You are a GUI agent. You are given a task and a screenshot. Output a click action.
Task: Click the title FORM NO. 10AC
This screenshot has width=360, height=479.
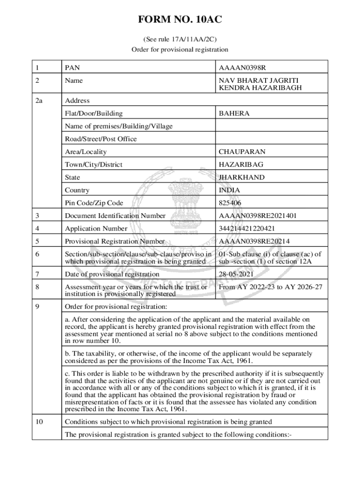pyautogui.click(x=180, y=20)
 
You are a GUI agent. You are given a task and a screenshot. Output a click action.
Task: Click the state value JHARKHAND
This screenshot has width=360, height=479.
pyautogui.click(x=241, y=177)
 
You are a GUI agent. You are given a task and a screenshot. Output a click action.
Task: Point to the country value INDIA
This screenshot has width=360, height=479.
pyautogui.click(x=229, y=190)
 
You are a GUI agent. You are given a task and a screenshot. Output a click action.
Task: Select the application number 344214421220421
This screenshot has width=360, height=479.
pyautogui.click(x=246, y=229)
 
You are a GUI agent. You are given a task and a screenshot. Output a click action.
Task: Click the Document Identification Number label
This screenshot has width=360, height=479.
pyautogui.click(x=115, y=216)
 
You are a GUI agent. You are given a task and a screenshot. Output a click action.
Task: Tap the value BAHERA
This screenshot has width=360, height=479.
pyautogui.click(x=234, y=113)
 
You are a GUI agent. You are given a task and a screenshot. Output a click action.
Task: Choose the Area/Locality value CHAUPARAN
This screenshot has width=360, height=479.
pyautogui.click(x=242, y=152)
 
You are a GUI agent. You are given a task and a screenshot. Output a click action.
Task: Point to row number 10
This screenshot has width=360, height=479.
pyautogui.click(x=39, y=422)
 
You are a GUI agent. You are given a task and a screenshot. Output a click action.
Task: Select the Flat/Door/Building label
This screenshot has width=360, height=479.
pyautogui.click(x=94, y=113)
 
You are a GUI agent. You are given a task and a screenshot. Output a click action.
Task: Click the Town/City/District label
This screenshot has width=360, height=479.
pyautogui.click(x=94, y=165)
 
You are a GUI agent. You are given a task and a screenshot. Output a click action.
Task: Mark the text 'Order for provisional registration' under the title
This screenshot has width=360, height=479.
pyautogui.click(x=180, y=49)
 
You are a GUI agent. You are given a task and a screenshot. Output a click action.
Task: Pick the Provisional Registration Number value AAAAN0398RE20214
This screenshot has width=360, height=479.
pyautogui.click(x=254, y=241)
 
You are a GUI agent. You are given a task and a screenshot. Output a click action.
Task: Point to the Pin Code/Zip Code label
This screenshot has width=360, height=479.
pyautogui.click(x=94, y=203)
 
